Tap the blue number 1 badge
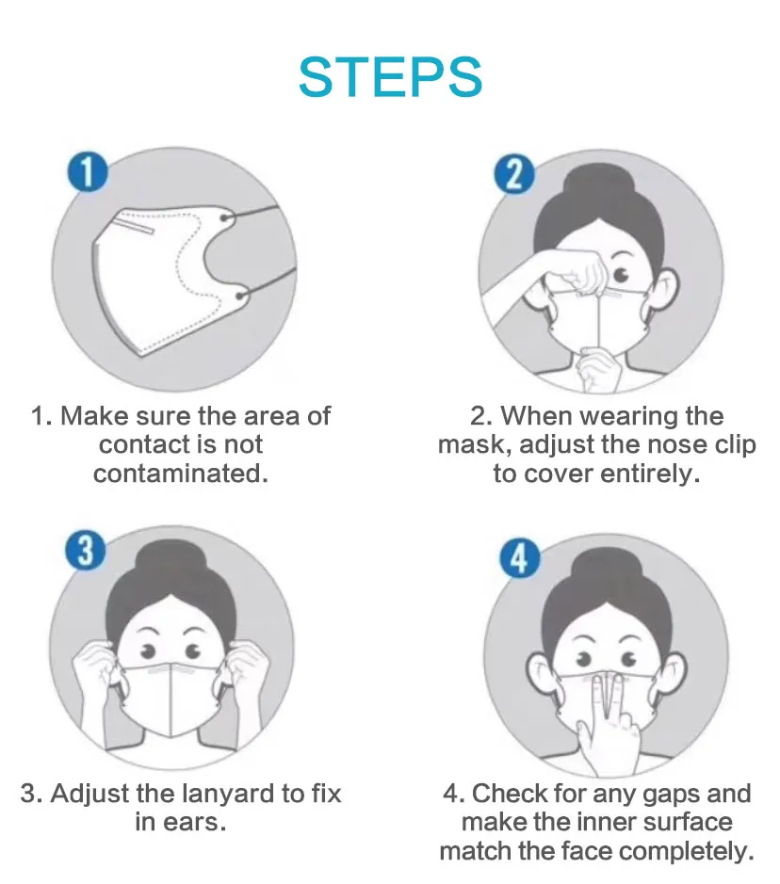[x=88, y=175]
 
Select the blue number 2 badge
[x=514, y=175]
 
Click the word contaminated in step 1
[x=180, y=473]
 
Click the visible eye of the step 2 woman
[x=623, y=274]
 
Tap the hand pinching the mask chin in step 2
[x=600, y=365]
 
